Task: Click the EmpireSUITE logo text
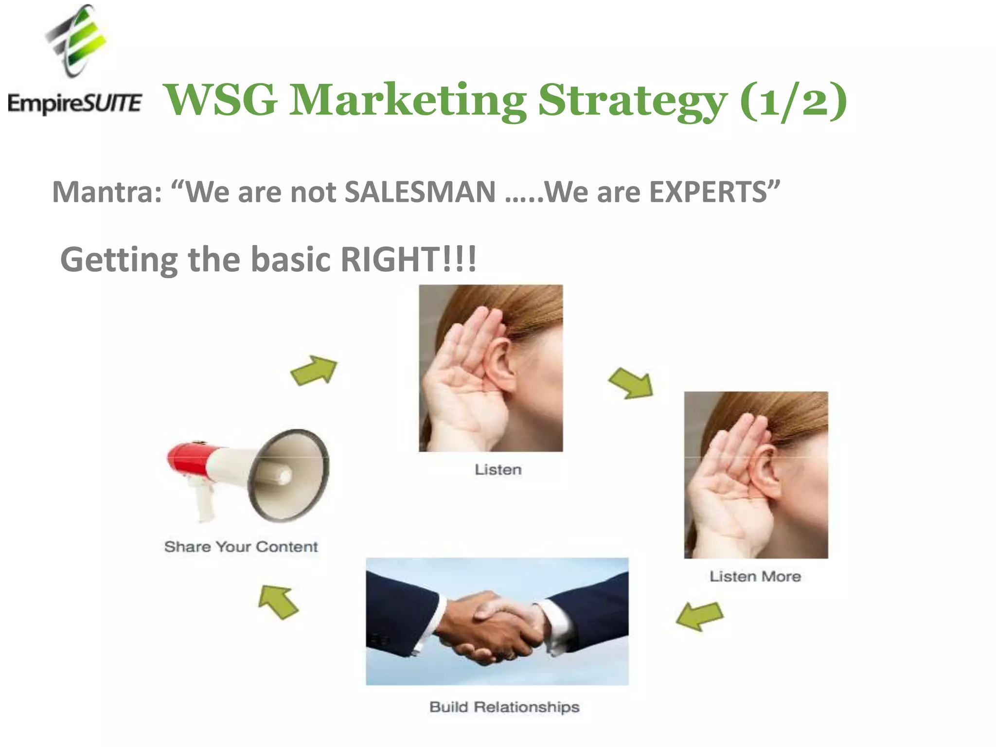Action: pos(74,104)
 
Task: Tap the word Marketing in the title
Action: pos(408,100)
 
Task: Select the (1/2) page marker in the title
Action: pos(793,100)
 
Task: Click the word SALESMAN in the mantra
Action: pos(420,192)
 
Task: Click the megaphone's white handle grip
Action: pos(204,501)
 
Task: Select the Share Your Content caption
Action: pos(241,547)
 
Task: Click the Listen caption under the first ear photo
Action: pos(498,470)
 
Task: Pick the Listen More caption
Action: pos(755,576)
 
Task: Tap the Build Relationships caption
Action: pos(504,707)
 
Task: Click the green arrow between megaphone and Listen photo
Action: pos(314,371)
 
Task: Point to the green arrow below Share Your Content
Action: pos(278,602)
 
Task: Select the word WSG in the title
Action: pos(221,100)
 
